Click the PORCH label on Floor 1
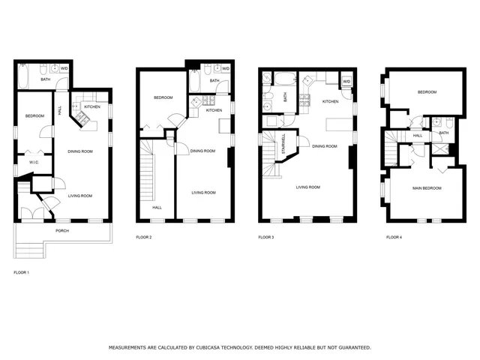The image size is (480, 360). point(61,221)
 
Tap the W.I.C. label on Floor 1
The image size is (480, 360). point(34,162)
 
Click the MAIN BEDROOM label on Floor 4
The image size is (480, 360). point(427,187)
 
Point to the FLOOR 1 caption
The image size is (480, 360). point(22,271)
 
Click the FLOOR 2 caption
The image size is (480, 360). point(144,237)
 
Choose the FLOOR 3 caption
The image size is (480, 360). point(266,237)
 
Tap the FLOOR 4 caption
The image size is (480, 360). point(394,237)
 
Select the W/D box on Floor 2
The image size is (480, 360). point(225,70)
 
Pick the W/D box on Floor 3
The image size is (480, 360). point(346,81)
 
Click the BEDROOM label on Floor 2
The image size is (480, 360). point(164,97)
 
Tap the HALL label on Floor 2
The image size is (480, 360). point(157,208)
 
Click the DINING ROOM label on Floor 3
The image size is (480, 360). point(324,146)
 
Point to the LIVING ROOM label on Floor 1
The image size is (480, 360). point(80,196)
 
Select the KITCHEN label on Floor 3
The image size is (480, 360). point(330,101)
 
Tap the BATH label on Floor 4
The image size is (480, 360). point(443,133)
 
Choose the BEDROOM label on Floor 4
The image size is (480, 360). point(427,92)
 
